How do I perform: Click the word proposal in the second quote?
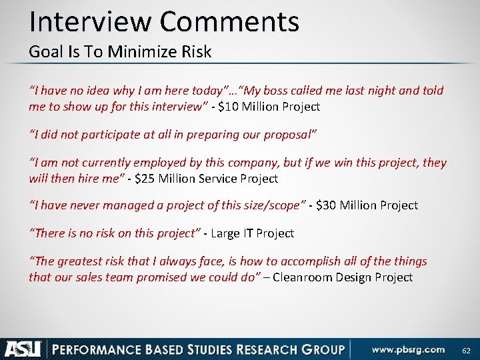[x=289, y=134]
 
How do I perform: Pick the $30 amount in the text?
[x=327, y=205]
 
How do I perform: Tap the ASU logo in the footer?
[x=23, y=348]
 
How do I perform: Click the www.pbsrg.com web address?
[x=408, y=349]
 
